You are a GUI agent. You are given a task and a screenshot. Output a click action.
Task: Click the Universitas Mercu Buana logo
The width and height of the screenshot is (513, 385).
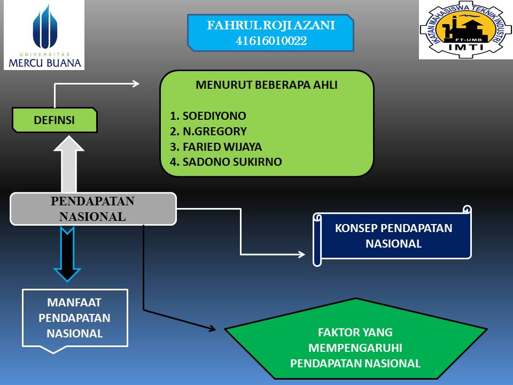point(44,35)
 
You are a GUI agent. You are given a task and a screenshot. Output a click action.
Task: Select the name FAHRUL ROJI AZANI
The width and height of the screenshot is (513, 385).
point(271,25)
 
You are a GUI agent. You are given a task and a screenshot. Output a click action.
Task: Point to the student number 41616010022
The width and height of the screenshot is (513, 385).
point(271,41)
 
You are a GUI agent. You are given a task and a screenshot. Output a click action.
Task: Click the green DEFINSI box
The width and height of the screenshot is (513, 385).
point(55,120)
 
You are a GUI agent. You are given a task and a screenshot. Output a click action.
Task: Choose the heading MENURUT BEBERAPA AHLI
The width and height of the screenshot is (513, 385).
point(267,84)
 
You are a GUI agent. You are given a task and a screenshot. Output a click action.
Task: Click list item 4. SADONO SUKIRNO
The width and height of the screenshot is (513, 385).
point(226,161)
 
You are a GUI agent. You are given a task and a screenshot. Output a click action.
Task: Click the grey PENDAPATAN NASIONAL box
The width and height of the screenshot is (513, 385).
point(93,209)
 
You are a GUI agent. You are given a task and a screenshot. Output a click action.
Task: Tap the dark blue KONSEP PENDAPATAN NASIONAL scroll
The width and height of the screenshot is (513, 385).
point(393,235)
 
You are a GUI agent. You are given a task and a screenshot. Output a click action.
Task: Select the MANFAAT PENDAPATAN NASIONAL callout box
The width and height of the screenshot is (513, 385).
point(75,318)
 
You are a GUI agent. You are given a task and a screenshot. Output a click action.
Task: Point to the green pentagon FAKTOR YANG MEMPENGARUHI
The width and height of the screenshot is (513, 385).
point(355,348)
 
